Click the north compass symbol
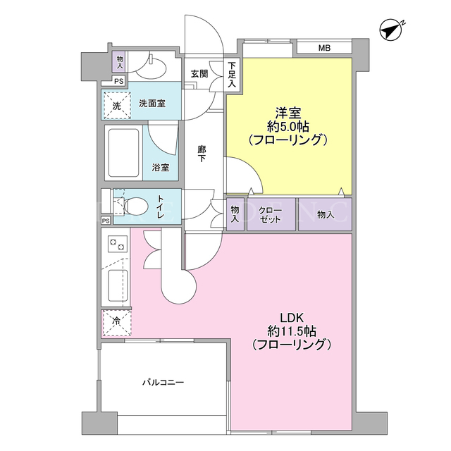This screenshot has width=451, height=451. point(391,30)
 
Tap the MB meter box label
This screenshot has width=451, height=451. point(324,48)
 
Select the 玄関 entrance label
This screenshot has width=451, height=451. point(199,74)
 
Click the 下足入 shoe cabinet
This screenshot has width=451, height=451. point(232,74)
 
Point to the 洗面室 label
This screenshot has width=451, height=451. point(152,104)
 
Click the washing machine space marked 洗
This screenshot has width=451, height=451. point(117,106)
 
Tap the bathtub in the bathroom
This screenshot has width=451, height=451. point(123,154)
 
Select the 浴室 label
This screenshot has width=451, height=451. point(161,168)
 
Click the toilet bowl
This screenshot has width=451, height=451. point(136,206)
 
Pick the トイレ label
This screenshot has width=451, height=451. point(161,206)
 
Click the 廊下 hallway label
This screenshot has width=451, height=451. point(202,154)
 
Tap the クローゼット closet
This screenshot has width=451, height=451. point(271,214)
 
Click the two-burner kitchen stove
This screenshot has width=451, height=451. point(118,244)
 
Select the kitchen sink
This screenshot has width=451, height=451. point(118,286)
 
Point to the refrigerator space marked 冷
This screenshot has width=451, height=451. point(117,323)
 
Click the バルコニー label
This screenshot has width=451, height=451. point(163,383)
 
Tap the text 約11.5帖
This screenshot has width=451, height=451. point(292,331)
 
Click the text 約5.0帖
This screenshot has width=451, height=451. point(288,127)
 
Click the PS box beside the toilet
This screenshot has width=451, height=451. point(106,221)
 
